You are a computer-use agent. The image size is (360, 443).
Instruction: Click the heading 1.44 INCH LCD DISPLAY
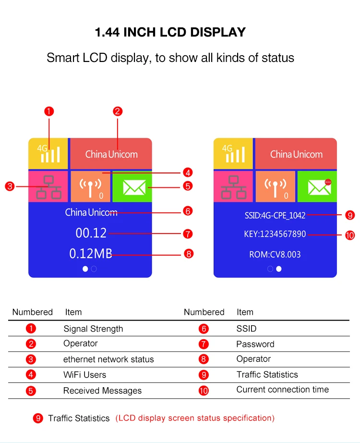click(170, 33)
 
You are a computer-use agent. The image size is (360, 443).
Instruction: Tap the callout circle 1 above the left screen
click(48, 111)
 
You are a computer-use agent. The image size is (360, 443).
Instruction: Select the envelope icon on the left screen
click(134, 187)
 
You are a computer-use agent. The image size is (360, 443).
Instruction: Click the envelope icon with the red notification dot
click(319, 187)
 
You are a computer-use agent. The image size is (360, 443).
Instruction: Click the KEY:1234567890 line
click(275, 234)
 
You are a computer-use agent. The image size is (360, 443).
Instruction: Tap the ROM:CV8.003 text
click(275, 254)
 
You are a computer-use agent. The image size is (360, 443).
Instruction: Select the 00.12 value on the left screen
click(91, 233)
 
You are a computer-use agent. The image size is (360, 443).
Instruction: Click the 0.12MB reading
click(91, 253)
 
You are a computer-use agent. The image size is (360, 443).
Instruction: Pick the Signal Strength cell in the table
click(93, 329)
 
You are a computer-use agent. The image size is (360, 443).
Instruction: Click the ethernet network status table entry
click(108, 359)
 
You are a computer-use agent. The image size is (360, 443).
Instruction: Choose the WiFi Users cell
click(84, 375)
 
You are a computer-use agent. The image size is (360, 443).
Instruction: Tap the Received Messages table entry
click(102, 391)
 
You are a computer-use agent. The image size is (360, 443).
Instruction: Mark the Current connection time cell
click(282, 390)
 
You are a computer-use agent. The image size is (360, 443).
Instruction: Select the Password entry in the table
click(255, 344)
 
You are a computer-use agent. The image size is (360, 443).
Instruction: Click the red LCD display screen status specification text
click(195, 418)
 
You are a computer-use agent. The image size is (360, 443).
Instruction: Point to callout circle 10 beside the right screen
click(349, 235)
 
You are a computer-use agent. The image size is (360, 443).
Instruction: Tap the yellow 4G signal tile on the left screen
click(48, 153)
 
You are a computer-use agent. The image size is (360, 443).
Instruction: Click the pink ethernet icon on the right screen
click(234, 187)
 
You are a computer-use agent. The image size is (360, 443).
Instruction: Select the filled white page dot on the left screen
click(85, 269)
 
